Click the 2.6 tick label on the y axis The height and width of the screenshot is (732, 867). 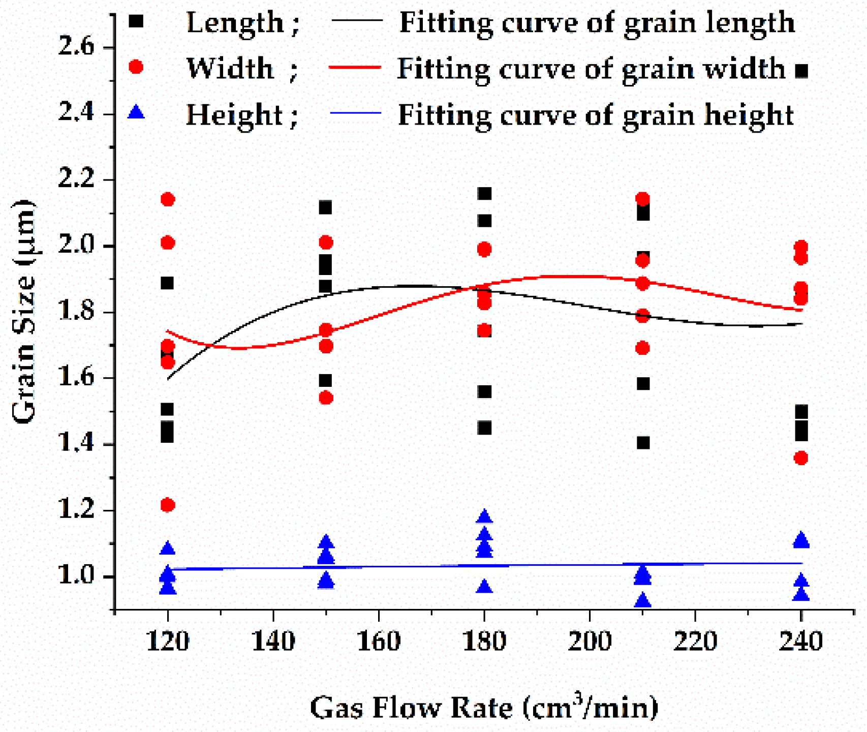pos(76,47)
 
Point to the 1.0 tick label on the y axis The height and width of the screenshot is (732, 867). pos(76,576)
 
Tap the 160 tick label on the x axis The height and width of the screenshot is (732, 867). pos(379,641)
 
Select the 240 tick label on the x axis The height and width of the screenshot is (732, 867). pos(801,641)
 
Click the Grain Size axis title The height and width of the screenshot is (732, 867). pos(23,311)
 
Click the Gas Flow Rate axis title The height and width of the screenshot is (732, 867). pos(484,708)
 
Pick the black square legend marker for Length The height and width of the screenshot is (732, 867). pos(136,21)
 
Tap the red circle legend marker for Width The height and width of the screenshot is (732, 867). pos(136,67)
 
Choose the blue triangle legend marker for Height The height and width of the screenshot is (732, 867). pos(136,112)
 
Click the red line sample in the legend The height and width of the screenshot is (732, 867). pos(355,67)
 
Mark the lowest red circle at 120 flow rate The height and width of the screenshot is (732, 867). pos(168,505)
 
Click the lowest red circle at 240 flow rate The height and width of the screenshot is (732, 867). pos(801,458)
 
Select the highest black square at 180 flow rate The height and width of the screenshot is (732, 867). pos(485,194)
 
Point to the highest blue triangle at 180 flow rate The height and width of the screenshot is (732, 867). pos(485,516)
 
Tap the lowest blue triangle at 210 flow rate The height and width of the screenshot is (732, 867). pos(643,600)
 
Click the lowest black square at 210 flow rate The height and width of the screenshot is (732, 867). pos(643,443)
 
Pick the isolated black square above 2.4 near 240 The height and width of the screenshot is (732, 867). pos(801,71)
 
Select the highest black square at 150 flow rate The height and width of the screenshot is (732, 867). pos(325,207)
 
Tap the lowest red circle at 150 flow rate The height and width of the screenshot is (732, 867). pos(326,398)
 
